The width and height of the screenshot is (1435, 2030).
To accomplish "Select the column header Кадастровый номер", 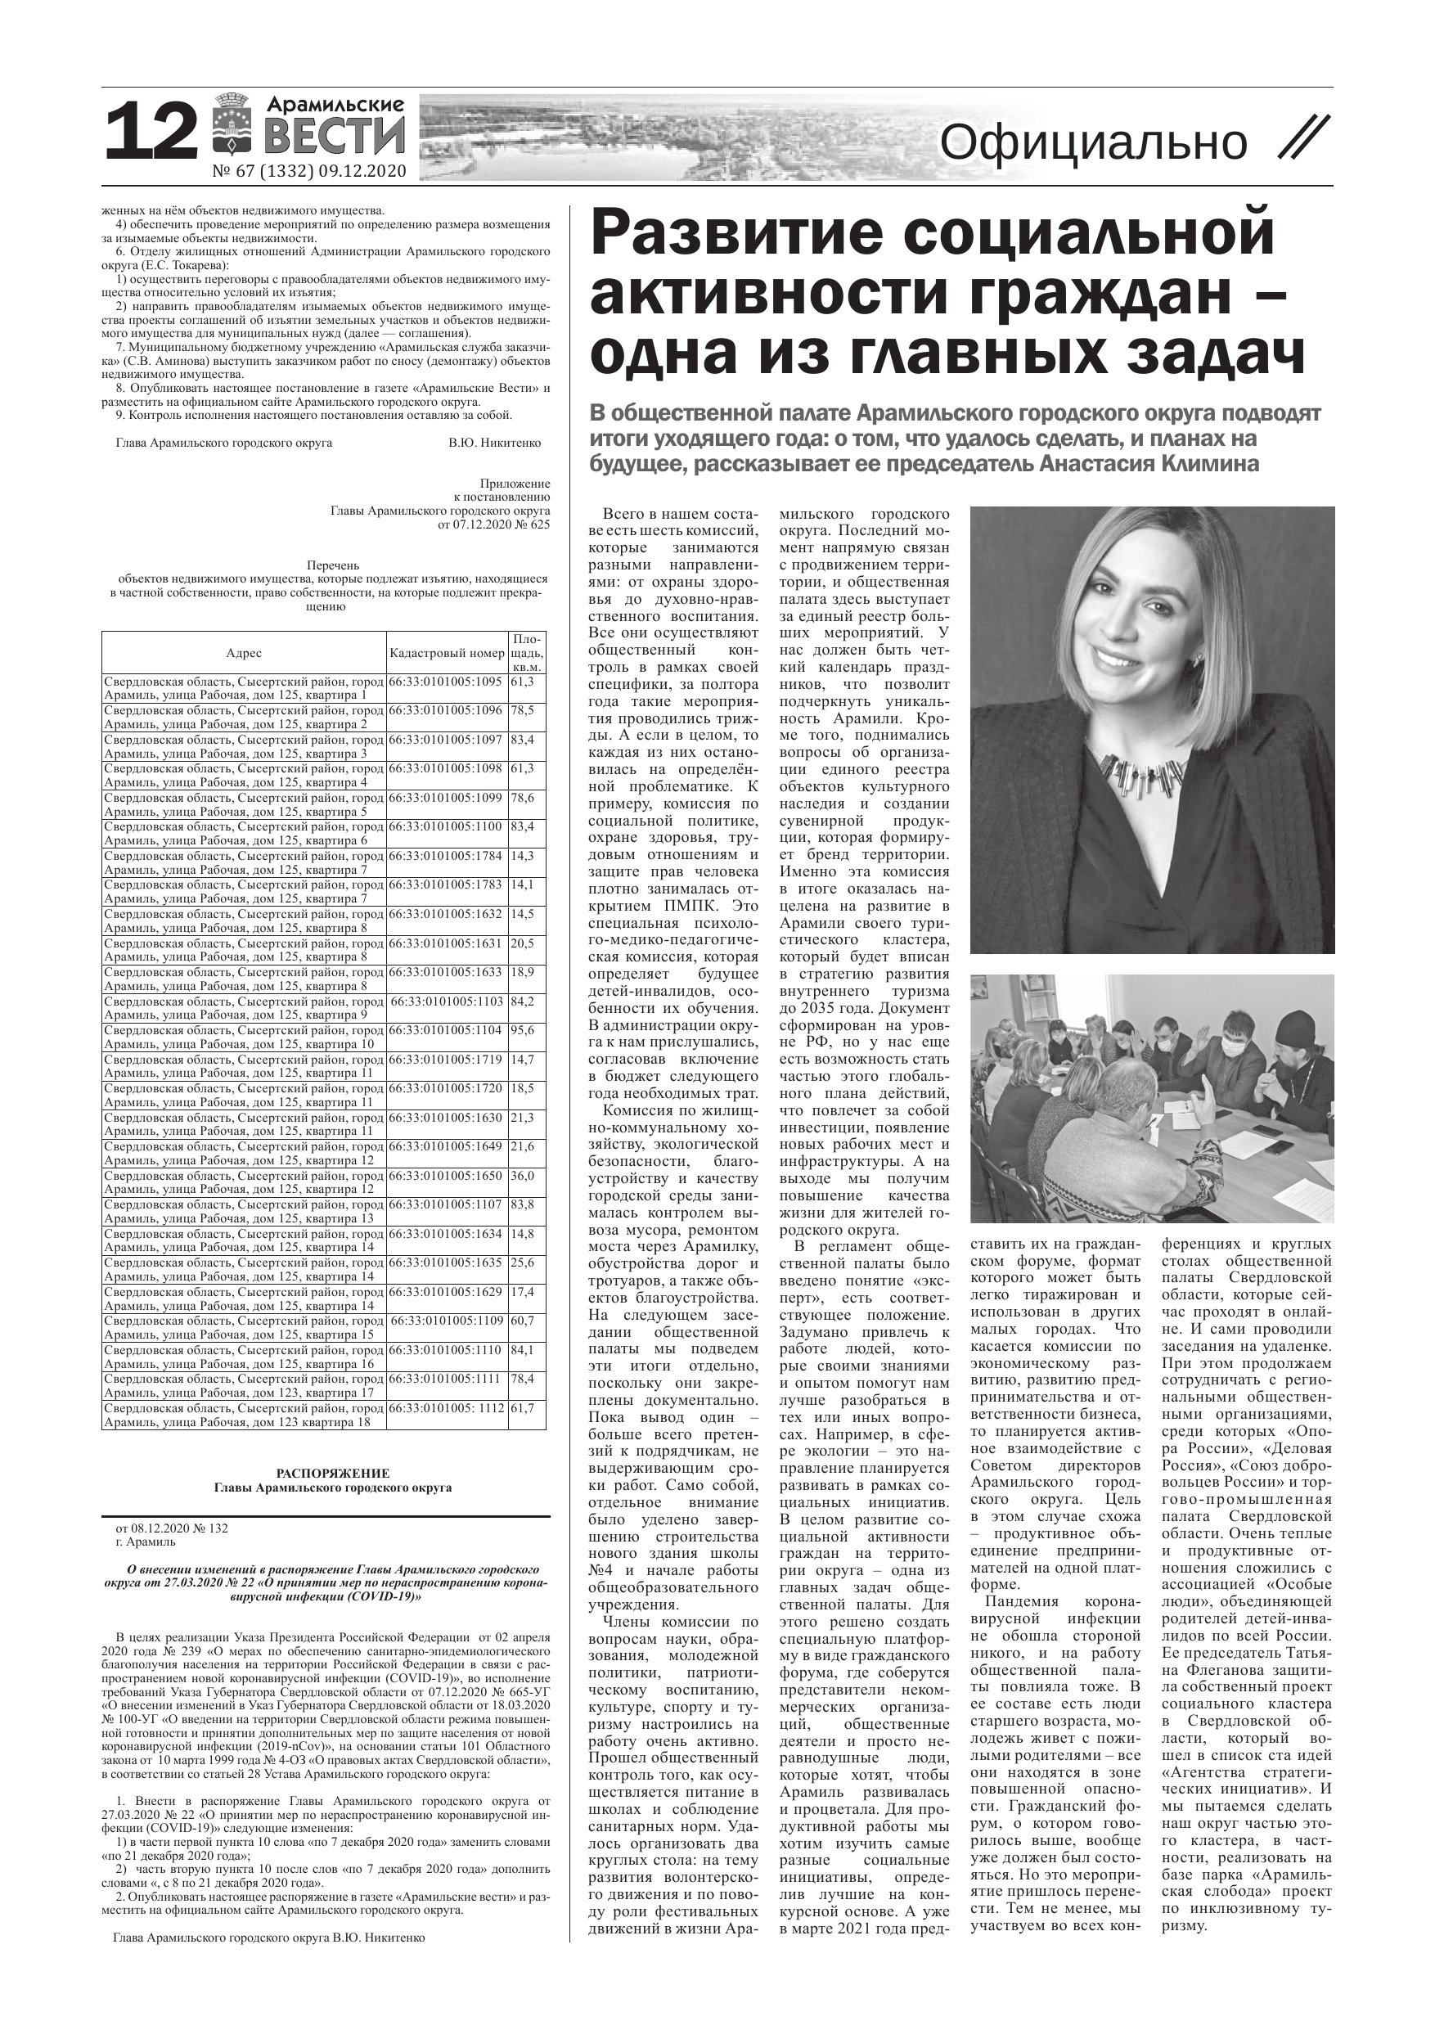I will point(447,654).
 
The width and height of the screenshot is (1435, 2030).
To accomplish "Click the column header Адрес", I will point(243,654).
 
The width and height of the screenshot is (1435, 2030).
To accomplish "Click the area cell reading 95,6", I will point(523,1030).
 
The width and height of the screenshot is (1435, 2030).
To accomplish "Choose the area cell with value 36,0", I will point(523,1176).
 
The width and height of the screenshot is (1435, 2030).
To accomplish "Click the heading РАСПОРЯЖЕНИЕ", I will point(332,1474).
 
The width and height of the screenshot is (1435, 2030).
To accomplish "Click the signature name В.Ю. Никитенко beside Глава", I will point(494,443).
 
